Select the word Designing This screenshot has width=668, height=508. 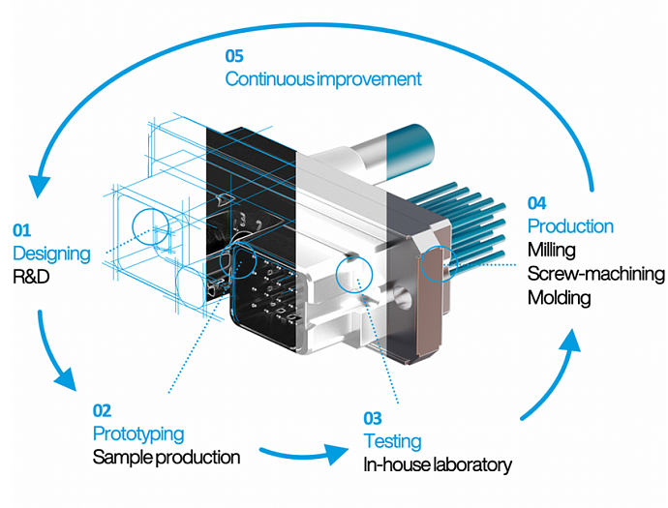pyautogui.click(x=51, y=254)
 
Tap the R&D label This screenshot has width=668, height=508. pyautogui.click(x=32, y=277)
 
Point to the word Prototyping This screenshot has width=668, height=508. pyautogui.click(x=137, y=433)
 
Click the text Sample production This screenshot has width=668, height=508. pyautogui.click(x=166, y=456)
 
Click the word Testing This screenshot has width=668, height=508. pyautogui.click(x=392, y=441)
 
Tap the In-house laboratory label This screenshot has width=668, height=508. pyautogui.click(x=437, y=465)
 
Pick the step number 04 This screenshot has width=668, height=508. pyautogui.click(x=538, y=203)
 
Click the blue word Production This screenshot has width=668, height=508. pyautogui.click(x=570, y=226)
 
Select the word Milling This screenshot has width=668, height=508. pyautogui.click(x=551, y=250)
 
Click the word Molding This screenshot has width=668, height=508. pyautogui.click(x=559, y=297)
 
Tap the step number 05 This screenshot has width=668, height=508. pyautogui.click(x=236, y=55)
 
